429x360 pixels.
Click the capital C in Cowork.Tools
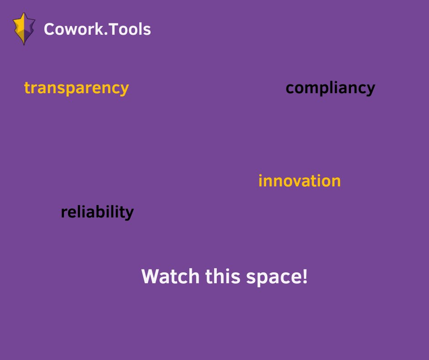click(x=48, y=30)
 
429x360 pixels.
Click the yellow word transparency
click(x=76, y=88)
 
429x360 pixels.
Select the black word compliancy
click(x=330, y=88)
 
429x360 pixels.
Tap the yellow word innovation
click(x=299, y=181)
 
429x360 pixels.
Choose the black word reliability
click(x=97, y=212)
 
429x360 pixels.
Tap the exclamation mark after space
click(x=304, y=276)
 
